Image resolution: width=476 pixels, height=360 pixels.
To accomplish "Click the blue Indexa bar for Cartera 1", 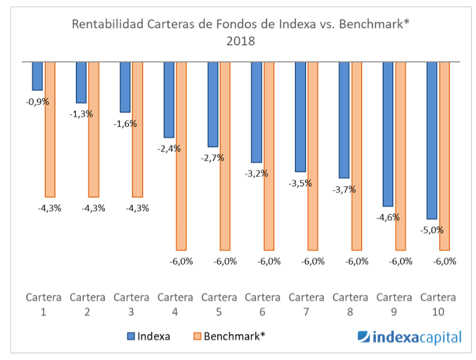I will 37,76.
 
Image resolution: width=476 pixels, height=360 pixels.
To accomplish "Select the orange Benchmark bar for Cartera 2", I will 93,129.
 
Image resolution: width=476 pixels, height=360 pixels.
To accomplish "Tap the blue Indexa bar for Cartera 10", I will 432,140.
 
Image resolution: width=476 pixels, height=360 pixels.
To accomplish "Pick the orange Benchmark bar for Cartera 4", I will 181,156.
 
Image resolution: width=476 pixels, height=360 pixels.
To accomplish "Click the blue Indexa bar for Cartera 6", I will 256,112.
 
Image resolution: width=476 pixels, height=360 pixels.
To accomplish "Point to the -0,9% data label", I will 37,102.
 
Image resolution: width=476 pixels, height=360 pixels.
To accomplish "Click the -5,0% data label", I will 432,230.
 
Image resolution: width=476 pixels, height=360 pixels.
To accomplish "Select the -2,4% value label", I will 169,149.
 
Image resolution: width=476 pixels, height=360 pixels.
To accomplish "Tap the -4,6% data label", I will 388,217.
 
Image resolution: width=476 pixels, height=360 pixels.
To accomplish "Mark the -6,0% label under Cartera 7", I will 313,262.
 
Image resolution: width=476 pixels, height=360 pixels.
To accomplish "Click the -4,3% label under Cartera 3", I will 138,208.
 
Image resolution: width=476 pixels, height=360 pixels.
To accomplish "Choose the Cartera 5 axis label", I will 219,304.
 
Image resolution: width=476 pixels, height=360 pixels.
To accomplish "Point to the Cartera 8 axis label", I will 350,304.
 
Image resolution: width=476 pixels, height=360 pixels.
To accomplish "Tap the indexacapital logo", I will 410,337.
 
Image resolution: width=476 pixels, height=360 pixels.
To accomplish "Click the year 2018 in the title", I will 241,41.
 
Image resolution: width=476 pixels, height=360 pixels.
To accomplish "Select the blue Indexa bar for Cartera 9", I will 388,134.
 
